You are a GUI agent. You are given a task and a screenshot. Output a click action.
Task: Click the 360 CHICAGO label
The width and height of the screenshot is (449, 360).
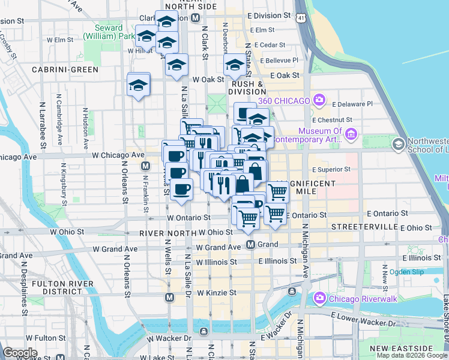[x=284, y=100]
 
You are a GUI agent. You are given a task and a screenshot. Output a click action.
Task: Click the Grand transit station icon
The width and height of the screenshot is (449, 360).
[x=253, y=244]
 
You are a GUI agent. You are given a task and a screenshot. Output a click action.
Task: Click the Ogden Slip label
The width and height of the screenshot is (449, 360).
[x=406, y=272]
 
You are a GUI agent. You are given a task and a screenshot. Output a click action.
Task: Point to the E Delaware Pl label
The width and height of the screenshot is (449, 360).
[x=352, y=103]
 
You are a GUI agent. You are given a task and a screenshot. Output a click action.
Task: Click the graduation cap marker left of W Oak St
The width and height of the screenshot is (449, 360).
[x=176, y=66]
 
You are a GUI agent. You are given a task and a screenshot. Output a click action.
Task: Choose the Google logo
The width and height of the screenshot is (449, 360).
[x=20, y=353]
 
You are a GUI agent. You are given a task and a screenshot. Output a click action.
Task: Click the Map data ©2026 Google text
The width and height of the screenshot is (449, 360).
[x=412, y=355]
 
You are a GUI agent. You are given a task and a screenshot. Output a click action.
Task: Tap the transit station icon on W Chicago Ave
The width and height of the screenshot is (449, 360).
[x=145, y=166]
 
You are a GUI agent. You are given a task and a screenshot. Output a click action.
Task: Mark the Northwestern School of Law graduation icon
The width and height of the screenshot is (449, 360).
[x=398, y=144]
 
